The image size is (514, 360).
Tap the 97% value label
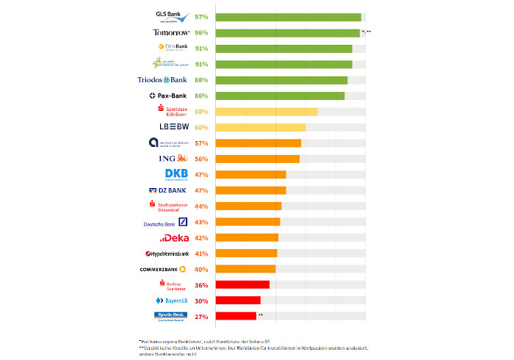click(x=202, y=17)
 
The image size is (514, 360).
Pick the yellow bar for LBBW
click(x=261, y=127)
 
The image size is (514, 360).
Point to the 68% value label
click(x=202, y=112)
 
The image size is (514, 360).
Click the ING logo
click(x=173, y=159)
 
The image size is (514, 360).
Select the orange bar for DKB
click(x=251, y=175)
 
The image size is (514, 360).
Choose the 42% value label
click(x=202, y=238)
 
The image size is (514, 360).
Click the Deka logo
click(x=174, y=238)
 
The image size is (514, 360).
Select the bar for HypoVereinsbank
click(x=247, y=253)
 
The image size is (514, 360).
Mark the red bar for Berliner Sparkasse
click(x=243, y=285)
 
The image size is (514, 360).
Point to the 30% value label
click(x=202, y=301)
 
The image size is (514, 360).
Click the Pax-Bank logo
click(x=167, y=96)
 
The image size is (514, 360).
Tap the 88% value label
click(x=202, y=80)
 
